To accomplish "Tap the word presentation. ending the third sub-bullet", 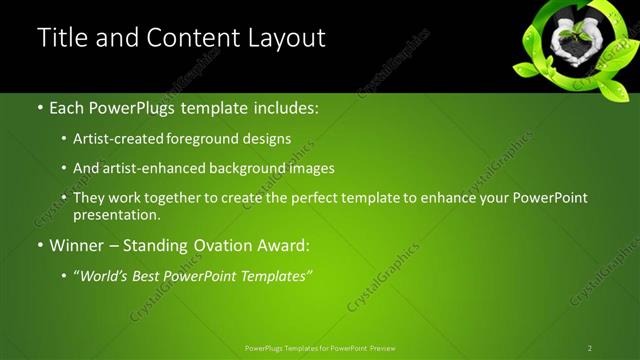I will [117, 214].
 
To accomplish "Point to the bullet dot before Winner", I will [39, 245].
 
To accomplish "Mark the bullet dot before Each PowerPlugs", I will [39, 105].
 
